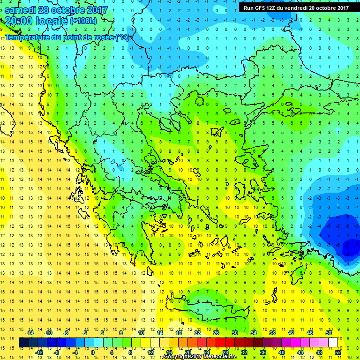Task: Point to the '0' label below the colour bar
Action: pos(93,352)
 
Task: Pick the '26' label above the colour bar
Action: pos(216,333)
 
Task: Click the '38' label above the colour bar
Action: pos(272,333)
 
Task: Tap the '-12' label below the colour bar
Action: pos(39,352)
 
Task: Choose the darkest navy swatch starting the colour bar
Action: pos(23,343)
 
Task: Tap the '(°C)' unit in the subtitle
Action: pos(122,37)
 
